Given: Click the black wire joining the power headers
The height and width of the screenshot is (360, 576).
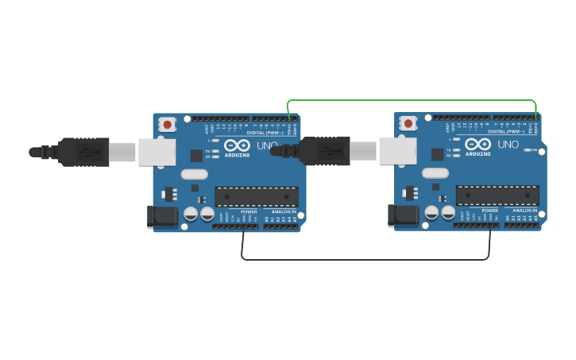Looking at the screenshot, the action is (365, 259).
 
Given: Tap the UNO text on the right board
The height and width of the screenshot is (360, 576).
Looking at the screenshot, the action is (508, 145).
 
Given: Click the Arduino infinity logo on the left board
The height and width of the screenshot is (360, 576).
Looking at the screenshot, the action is (237, 146).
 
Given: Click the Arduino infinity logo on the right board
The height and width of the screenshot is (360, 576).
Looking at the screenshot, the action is (477, 145).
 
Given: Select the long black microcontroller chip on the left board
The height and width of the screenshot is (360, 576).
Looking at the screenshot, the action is (257, 196).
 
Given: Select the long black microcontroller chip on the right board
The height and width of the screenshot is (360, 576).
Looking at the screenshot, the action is (497, 195).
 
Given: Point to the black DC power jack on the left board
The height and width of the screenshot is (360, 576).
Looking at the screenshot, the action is (163, 216).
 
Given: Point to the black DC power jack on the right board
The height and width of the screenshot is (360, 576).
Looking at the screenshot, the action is (404, 215).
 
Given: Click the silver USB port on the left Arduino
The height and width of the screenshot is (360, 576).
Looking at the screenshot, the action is (157, 152).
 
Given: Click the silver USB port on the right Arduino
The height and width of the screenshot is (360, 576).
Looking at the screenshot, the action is (397, 150).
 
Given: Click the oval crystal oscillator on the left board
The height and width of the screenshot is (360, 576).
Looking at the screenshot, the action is (194, 174).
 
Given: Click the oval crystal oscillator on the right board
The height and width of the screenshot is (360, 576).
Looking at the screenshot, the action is (435, 172).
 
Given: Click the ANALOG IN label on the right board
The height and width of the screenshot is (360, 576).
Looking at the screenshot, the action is (524, 211).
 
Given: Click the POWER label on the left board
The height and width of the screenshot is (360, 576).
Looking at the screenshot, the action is (249, 212).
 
